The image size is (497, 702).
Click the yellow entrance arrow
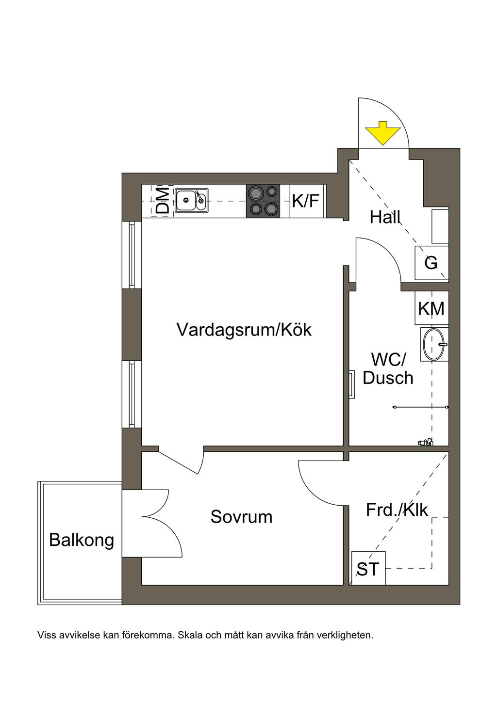coord(383,133)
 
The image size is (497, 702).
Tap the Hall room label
coord(385,217)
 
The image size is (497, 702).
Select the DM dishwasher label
coord(163,201)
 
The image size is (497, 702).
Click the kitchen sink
coord(191,200)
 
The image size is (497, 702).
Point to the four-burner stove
coord(263,201)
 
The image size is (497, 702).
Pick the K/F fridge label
coord(306,201)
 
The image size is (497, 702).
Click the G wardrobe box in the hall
coord(431,263)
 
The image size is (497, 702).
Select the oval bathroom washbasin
coord(434,344)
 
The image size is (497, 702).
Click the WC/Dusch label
coord(388,368)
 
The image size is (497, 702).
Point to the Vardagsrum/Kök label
coord(244,330)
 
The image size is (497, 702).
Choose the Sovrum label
coord(241,517)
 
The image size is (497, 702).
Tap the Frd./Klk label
coord(397,510)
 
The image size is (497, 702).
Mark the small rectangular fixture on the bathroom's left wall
coord(352,384)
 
